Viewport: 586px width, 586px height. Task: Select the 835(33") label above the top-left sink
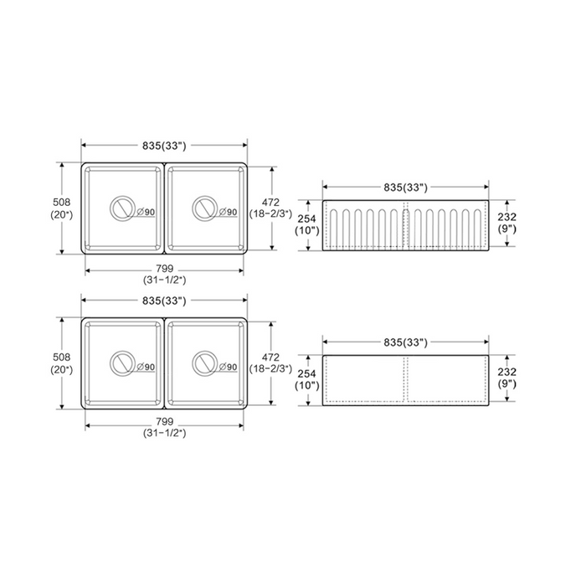[x=164, y=146]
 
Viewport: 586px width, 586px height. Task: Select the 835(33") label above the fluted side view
[x=405, y=188]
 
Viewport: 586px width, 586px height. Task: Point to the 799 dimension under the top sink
[x=164, y=269]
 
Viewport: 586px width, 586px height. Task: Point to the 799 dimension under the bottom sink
[x=164, y=422]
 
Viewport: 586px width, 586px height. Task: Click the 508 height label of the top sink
[x=62, y=203]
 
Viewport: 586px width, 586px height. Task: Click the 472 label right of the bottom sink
[x=270, y=357]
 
